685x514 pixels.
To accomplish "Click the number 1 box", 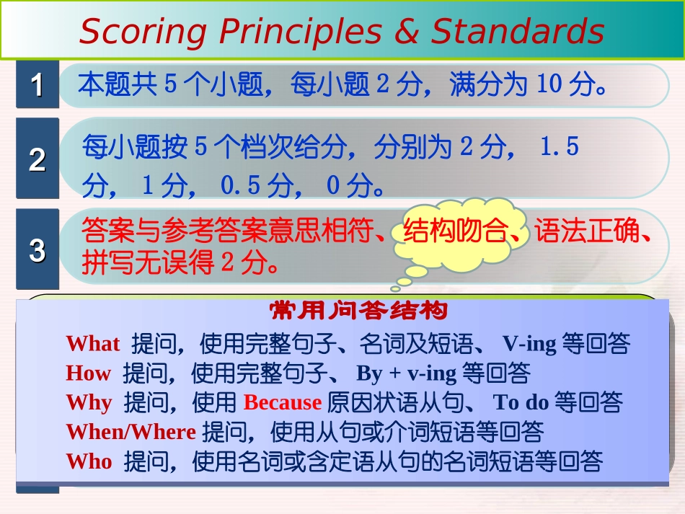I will [37, 85].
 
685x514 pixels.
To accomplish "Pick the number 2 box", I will [37, 159].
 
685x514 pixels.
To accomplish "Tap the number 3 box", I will [37, 249].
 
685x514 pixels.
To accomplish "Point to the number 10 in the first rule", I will [549, 85].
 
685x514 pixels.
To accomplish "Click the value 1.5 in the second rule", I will [560, 148].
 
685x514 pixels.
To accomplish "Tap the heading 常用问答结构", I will [358, 311].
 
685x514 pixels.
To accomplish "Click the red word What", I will [93, 343].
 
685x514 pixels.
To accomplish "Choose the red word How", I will [88, 373].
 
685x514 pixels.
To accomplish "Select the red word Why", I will [89, 402].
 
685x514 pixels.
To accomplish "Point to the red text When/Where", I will [131, 432].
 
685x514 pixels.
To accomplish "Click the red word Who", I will [89, 461].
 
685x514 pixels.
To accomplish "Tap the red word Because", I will [283, 402].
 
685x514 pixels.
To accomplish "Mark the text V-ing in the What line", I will [530, 343].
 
